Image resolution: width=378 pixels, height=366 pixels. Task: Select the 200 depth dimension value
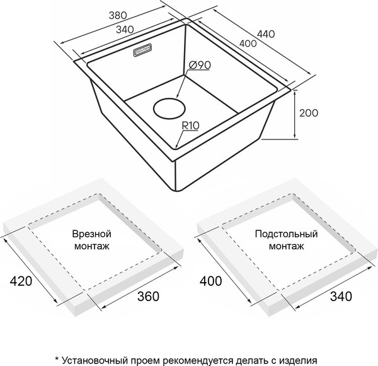pos(308,113)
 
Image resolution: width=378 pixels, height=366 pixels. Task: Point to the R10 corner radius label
pos(190,125)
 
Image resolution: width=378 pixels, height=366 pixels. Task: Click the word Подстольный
pos(287,233)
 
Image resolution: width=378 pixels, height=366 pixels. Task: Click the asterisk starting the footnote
pos(57,357)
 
